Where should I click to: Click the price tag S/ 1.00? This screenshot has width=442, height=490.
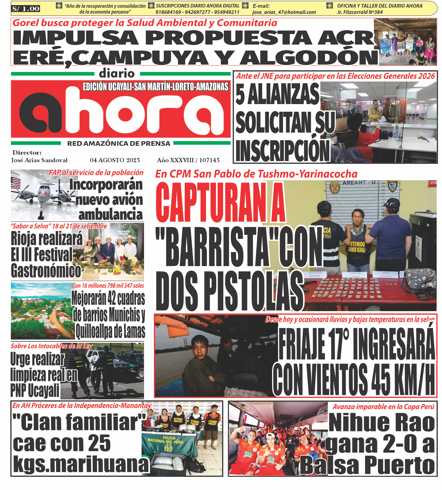[26, 9]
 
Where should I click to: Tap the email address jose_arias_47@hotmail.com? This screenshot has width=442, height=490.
[284, 12]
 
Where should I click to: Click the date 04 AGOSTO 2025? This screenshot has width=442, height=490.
[115, 160]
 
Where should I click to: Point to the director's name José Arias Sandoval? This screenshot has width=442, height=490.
[39, 160]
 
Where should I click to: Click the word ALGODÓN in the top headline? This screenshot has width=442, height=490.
[309, 58]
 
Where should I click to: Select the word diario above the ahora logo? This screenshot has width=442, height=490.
[117, 74]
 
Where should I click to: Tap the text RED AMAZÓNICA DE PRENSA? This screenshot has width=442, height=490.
[118, 144]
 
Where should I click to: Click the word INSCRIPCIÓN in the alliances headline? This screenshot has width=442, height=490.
[282, 151]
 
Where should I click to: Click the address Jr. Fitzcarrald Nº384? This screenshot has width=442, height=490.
[360, 12]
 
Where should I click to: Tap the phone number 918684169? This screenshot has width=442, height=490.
[168, 12]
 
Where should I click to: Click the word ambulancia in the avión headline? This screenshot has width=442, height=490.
[111, 214]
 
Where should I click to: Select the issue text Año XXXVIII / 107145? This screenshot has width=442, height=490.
[188, 160]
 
